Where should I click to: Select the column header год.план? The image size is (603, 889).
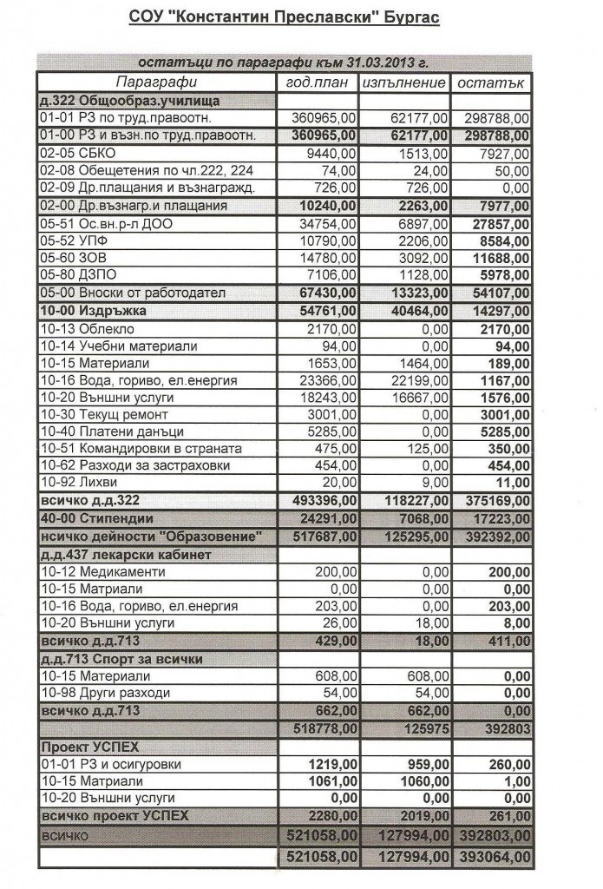point(317,82)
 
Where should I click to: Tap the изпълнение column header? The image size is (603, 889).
point(405,82)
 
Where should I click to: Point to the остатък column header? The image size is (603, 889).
point(491,82)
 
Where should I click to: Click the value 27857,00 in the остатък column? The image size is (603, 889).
point(497,223)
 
